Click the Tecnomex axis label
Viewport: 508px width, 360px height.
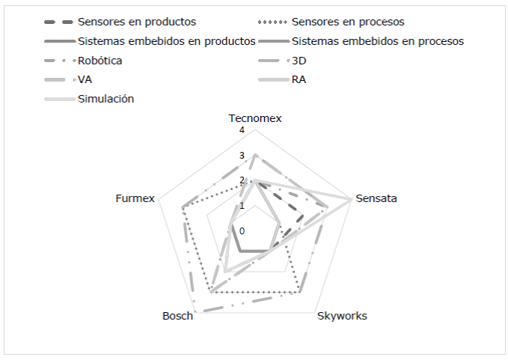255,119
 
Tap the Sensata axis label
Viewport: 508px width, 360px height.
376,199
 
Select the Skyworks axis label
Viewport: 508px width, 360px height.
342,316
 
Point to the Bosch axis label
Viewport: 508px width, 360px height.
178,316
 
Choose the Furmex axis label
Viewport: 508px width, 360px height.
135,199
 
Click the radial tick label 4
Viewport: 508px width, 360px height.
242,131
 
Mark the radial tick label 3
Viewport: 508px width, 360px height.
242,156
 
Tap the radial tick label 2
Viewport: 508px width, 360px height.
242,180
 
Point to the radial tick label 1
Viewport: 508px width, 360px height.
242,205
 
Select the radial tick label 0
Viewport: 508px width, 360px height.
242,230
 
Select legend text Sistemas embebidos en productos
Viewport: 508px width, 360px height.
166,40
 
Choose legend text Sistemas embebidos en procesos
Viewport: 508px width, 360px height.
378,40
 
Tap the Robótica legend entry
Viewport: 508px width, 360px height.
100,60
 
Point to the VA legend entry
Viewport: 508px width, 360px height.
85,79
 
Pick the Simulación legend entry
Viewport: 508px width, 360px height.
105,99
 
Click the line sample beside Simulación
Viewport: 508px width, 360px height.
58,99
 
